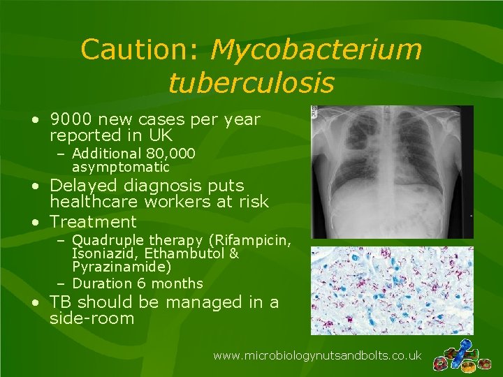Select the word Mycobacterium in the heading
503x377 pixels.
(x=316, y=50)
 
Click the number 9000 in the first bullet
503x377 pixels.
(x=70, y=119)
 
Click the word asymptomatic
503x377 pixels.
(x=120, y=167)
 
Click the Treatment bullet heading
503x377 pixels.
(x=93, y=222)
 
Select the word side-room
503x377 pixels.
(x=92, y=319)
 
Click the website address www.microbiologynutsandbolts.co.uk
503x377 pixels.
(x=317, y=355)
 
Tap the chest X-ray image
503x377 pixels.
(x=392, y=172)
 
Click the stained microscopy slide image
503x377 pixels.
(x=392, y=290)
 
